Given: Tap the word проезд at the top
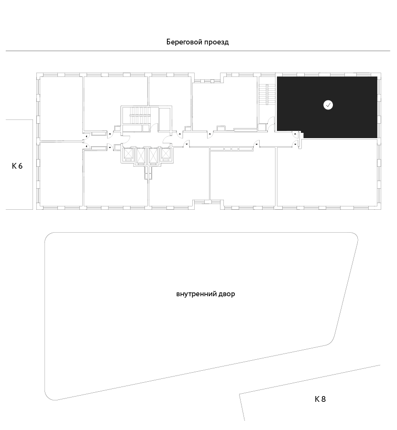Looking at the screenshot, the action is click(216, 42).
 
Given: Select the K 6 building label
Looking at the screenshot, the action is click(17, 166).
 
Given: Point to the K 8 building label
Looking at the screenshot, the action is click(320, 399).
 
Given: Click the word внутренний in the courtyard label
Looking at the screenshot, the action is click(196, 294).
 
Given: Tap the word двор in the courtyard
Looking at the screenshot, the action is click(227, 294).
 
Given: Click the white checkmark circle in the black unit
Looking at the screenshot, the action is click(328, 105).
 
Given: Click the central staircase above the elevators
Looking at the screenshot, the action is click(140, 116).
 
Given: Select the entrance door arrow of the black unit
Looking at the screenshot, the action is click(296, 134).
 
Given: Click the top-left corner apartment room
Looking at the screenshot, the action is click(61, 108).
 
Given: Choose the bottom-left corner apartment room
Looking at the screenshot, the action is click(61, 174).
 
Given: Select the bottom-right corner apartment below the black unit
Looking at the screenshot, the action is click(327, 173).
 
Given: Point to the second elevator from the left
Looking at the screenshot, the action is click(141, 156).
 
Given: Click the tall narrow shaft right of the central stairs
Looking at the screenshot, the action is click(165, 119).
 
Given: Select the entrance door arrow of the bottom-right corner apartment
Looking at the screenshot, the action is click(296, 144).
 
